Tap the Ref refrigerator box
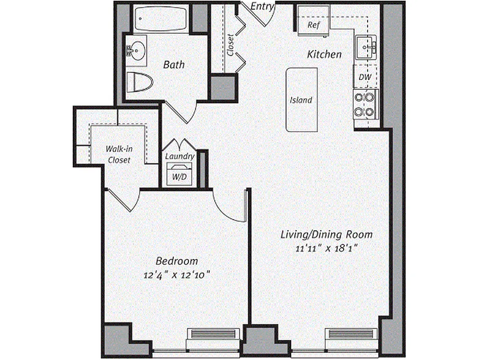coord(313,25)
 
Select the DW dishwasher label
coord(365,77)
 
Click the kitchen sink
coord(367,47)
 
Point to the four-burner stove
coord(365,104)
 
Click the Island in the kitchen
coord(301,100)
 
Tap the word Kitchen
coord(324,54)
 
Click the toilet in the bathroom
coord(139,82)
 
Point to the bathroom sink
coord(136,49)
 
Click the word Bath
coord(174,65)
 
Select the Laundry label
coord(179,157)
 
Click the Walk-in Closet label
coord(118,154)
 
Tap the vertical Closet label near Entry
coord(230,45)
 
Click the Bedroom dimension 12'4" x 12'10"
coord(177,274)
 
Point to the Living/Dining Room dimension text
coord(327,247)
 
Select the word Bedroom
coord(177,261)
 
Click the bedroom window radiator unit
coord(213,334)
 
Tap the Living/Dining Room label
coord(327,234)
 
